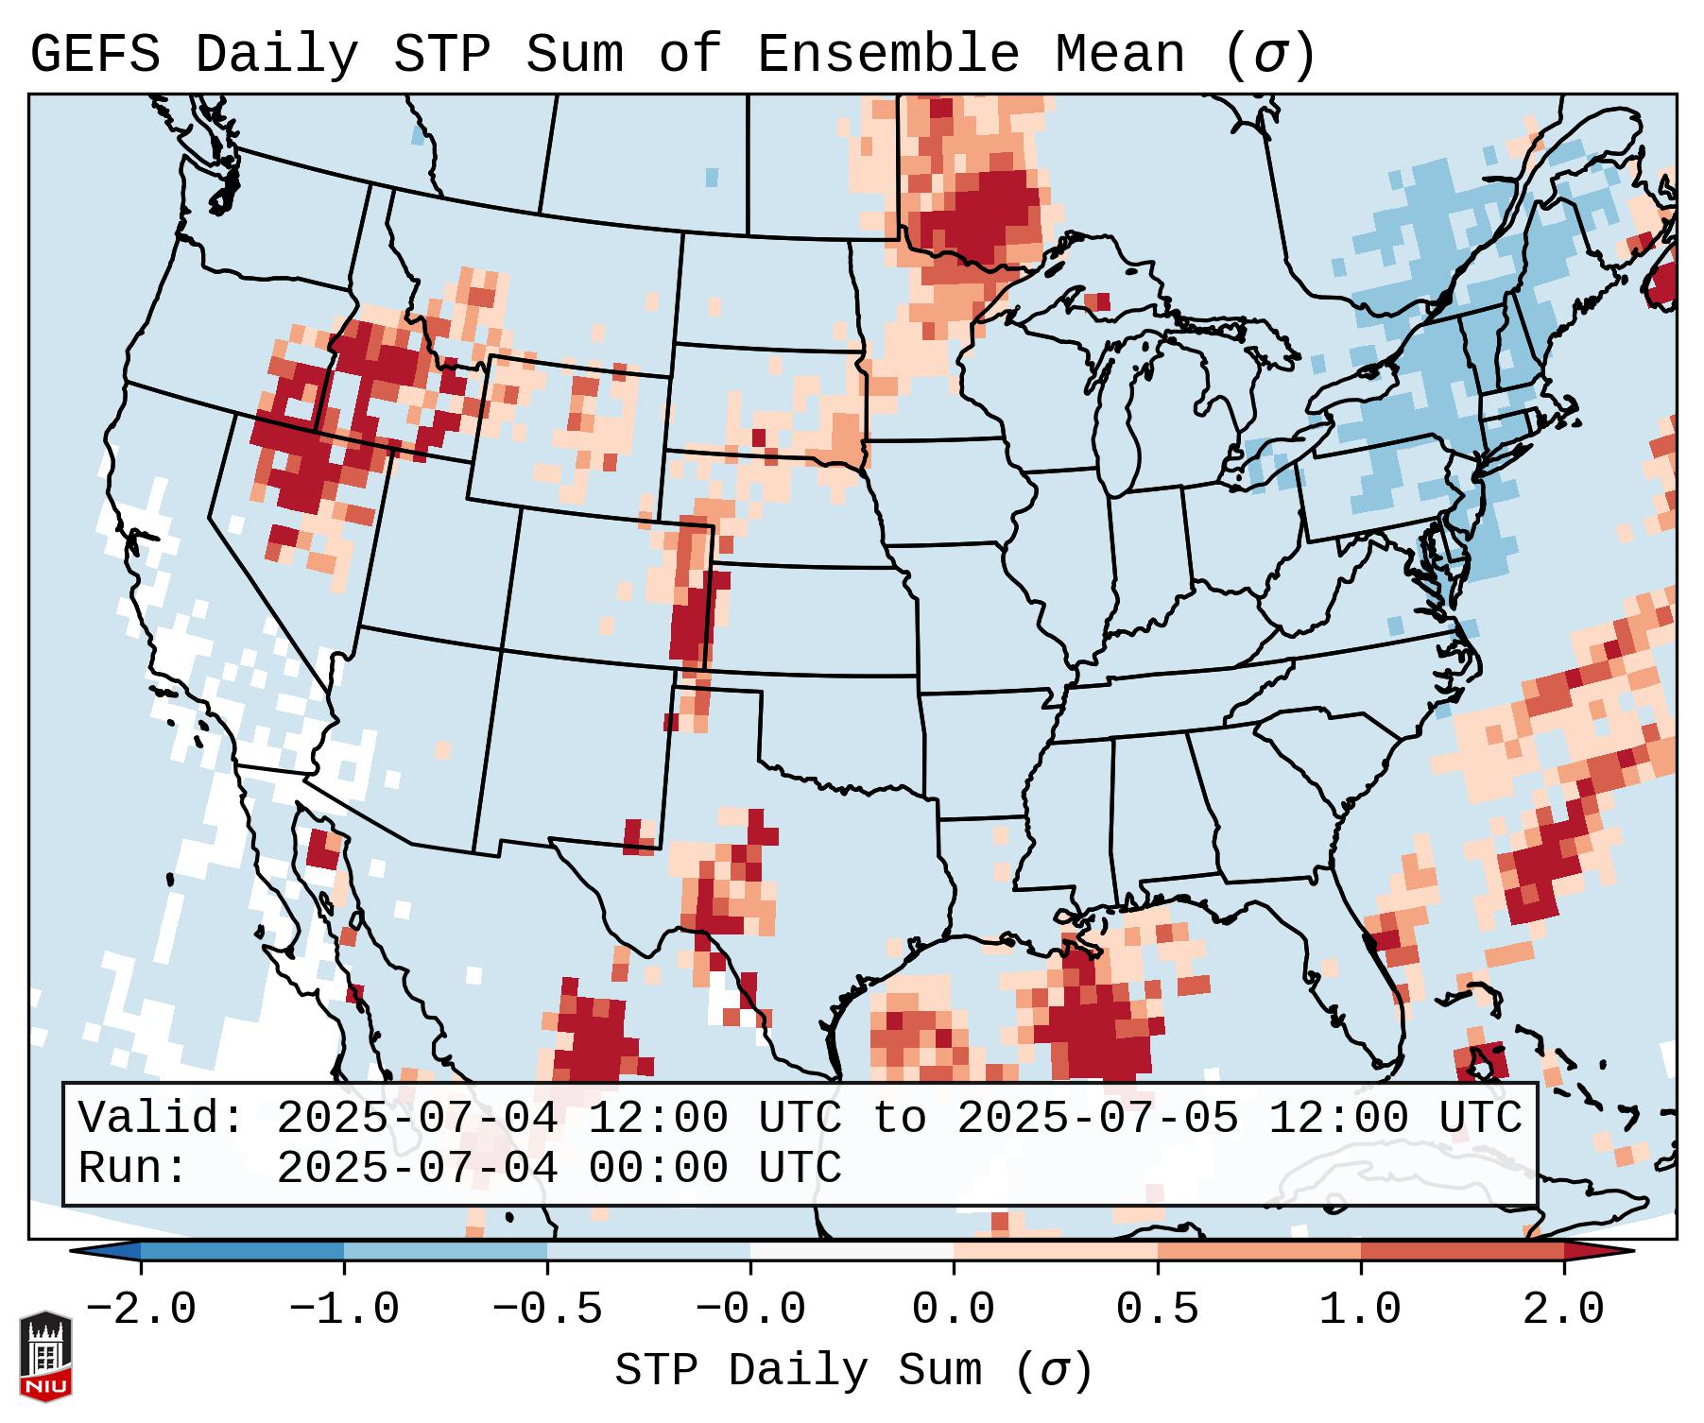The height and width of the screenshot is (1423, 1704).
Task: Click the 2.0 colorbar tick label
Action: [x=1564, y=1310]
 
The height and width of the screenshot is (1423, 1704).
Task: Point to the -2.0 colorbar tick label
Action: [x=141, y=1310]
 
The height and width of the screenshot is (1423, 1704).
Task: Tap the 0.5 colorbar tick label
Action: [x=1158, y=1310]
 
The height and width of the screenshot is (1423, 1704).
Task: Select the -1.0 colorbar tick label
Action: [x=344, y=1310]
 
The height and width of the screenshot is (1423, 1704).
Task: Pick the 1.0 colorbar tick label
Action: [x=1361, y=1310]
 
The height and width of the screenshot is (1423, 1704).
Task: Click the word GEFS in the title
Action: [x=95, y=55]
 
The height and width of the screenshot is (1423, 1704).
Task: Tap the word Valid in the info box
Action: [x=160, y=1118]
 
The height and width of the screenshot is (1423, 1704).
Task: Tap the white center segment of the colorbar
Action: [x=852, y=1251]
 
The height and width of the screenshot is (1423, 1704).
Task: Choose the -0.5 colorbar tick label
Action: [x=547, y=1310]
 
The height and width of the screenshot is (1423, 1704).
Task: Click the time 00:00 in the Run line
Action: [x=658, y=1168]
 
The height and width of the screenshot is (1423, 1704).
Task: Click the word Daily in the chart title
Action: [x=277, y=55]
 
